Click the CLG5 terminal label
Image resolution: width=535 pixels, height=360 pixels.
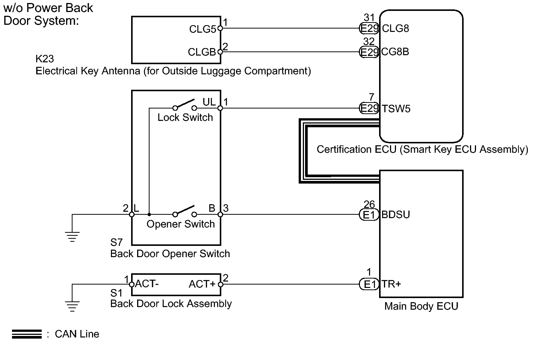[203, 29]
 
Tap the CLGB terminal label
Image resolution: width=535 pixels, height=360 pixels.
[202, 52]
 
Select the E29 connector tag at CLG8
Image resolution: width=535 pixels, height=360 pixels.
[369, 29]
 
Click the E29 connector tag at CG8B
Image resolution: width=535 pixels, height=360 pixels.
[369, 52]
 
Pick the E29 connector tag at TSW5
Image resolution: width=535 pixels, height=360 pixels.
[369, 108]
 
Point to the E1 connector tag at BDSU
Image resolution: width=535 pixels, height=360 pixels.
[369, 215]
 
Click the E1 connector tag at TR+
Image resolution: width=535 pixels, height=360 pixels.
[369, 284]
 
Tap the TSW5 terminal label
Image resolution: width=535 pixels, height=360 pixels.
[396, 109]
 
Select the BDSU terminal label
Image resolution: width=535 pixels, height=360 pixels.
[395, 215]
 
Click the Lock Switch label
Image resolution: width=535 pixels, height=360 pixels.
[185, 117]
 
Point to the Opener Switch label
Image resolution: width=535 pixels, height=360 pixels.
[181, 224]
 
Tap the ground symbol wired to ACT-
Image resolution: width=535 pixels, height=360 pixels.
[72, 306]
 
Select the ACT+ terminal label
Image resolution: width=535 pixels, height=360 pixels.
[202, 284]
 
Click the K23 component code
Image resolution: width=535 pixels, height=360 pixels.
[45, 59]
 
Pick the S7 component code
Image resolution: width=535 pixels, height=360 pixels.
[116, 243]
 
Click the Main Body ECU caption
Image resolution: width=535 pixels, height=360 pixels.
[421, 306]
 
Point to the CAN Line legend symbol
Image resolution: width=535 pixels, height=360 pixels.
[27, 334]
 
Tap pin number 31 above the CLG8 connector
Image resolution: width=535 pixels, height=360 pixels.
[369, 17]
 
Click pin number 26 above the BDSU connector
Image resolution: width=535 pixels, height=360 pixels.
[369, 204]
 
